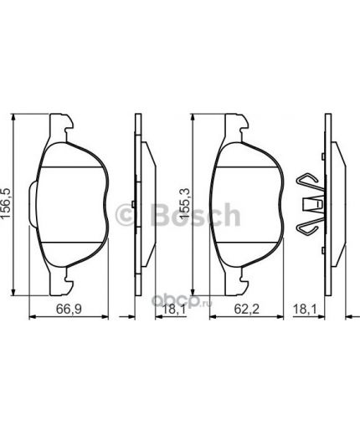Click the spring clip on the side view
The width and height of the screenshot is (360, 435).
311,203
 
